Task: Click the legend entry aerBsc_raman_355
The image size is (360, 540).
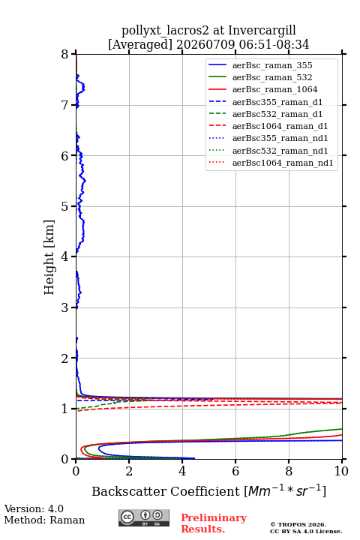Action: click(272, 65)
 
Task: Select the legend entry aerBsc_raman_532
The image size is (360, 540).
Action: click(272, 77)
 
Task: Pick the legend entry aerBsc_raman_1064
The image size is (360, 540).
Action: click(275, 89)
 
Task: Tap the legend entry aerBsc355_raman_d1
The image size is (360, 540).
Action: click(277, 102)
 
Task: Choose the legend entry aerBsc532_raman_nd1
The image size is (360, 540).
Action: click(280, 151)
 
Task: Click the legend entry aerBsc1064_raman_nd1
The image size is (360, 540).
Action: click(283, 163)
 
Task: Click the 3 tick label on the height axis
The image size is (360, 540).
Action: click(64, 307)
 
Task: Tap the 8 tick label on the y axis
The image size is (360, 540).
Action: click(64, 55)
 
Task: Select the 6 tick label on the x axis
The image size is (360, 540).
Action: click(235, 471)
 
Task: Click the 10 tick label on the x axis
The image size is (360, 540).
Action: click(341, 471)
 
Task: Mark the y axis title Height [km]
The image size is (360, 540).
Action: click(49, 257)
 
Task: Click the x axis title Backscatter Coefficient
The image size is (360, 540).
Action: click(165, 491)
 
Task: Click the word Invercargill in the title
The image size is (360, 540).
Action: click(262, 31)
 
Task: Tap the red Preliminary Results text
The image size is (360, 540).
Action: click(214, 523)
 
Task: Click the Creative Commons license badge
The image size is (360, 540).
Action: click(144, 518)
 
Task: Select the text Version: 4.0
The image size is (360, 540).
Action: click(34, 508)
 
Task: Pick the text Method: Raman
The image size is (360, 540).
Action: click(44, 520)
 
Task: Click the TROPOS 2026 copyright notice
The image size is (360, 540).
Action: click(298, 524)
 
